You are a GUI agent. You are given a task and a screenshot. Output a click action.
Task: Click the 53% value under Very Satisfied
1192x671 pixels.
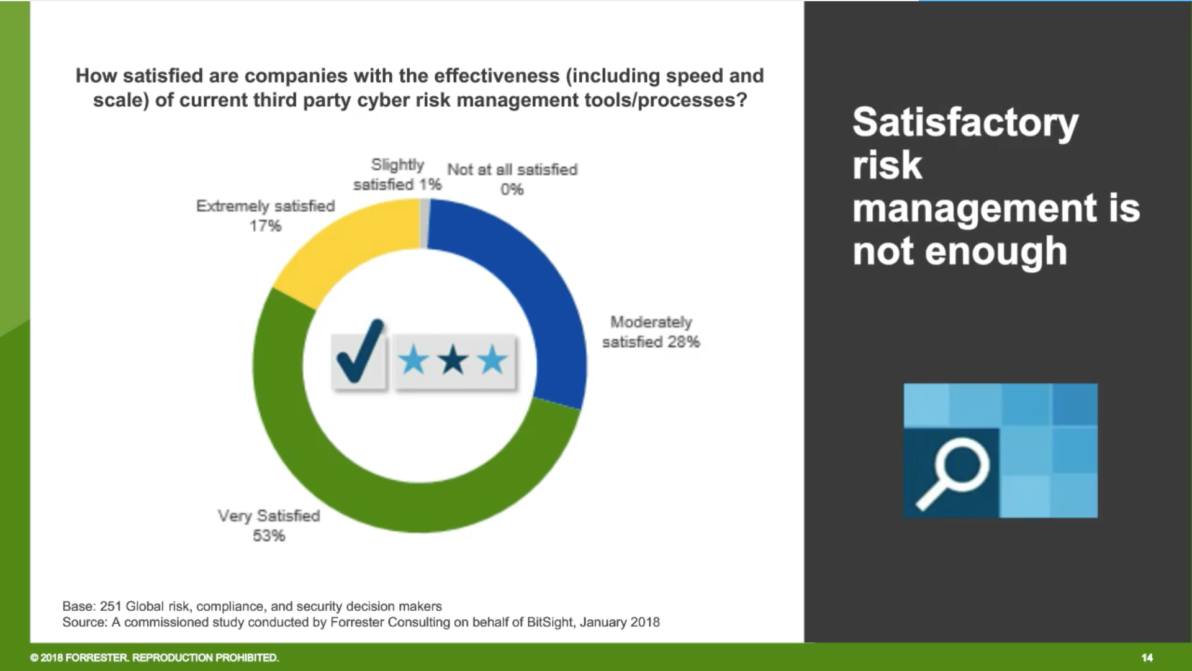268,536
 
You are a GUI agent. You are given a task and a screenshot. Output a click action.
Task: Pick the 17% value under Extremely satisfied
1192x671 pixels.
265,226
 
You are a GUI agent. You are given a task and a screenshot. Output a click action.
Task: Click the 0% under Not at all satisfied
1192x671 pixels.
512,189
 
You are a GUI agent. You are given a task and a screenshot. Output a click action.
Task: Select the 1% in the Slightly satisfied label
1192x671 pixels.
430,185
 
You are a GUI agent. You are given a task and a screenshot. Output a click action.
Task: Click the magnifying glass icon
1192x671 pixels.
953,472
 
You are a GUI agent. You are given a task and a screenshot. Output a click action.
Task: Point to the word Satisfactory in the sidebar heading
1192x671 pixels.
965,122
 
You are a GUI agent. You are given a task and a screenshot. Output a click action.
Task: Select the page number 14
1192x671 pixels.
1147,657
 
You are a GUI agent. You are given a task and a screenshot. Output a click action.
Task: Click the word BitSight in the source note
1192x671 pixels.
549,622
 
